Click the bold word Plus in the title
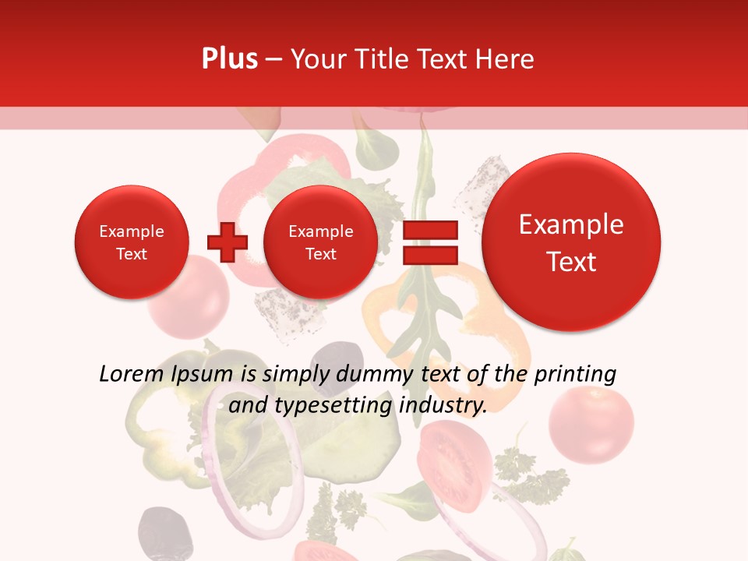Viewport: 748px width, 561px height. pyautogui.click(x=229, y=58)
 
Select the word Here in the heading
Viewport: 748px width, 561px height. pyautogui.click(x=505, y=59)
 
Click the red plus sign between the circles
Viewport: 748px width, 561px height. pyautogui.click(x=227, y=242)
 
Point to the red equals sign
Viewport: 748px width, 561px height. pyautogui.click(x=430, y=242)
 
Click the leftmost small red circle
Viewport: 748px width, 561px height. pyautogui.click(x=131, y=242)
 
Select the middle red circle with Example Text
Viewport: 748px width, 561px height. pyautogui.click(x=320, y=242)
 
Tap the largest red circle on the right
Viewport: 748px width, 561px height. pyautogui.click(x=571, y=242)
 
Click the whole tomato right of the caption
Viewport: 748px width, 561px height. pyautogui.click(x=591, y=424)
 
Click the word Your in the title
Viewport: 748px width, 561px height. pyautogui.click(x=317, y=59)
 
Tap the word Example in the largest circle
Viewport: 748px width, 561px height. pyautogui.click(x=571, y=224)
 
